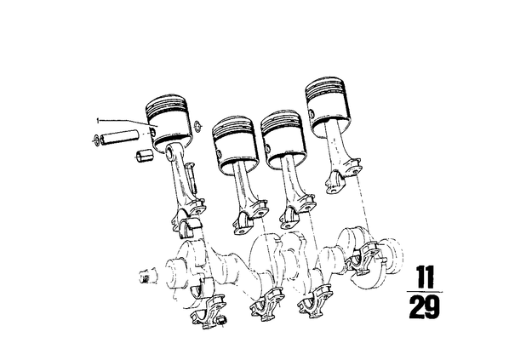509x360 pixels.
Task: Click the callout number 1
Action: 97,121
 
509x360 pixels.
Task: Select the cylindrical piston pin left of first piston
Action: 119,136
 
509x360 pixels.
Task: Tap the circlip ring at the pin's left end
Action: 96,140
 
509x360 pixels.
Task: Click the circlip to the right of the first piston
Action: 197,127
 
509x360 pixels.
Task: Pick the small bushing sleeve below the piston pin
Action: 144,156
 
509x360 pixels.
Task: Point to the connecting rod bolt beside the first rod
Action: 192,177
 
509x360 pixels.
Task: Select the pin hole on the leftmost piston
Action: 152,131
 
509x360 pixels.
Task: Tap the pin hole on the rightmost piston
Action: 311,113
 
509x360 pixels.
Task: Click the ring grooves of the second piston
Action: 232,127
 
